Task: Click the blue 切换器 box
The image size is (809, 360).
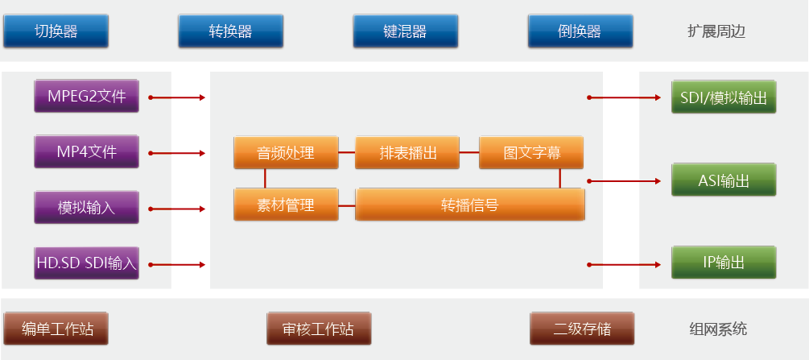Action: pyautogui.click(x=56, y=31)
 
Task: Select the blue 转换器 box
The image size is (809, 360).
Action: pyautogui.click(x=230, y=31)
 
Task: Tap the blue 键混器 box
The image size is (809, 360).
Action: pyautogui.click(x=405, y=31)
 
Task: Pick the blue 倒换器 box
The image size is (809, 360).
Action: pyautogui.click(x=580, y=31)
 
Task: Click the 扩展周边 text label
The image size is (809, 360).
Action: pyautogui.click(x=716, y=32)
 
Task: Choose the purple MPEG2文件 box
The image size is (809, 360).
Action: pyautogui.click(x=86, y=97)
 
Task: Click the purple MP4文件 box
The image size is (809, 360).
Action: pyautogui.click(x=86, y=152)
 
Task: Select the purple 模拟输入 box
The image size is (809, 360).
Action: pyautogui.click(x=86, y=208)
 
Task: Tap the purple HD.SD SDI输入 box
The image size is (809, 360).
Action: pyautogui.click(x=86, y=263)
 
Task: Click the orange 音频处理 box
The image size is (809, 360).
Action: pyautogui.click(x=286, y=153)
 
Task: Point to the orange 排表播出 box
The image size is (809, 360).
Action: pyautogui.click(x=408, y=153)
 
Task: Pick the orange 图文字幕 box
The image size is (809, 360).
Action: pyautogui.click(x=531, y=153)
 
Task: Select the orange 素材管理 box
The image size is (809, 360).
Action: pyautogui.click(x=286, y=205)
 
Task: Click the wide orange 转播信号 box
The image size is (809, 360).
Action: pyautogui.click(x=469, y=205)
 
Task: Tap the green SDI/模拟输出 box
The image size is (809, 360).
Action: pyautogui.click(x=724, y=97)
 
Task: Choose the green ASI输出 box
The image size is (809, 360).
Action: pyautogui.click(x=724, y=180)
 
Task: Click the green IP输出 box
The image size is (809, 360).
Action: pyautogui.click(x=724, y=263)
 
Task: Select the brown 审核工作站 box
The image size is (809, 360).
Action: pyautogui.click(x=318, y=329)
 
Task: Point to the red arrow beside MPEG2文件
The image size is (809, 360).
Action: pyautogui.click(x=176, y=98)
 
